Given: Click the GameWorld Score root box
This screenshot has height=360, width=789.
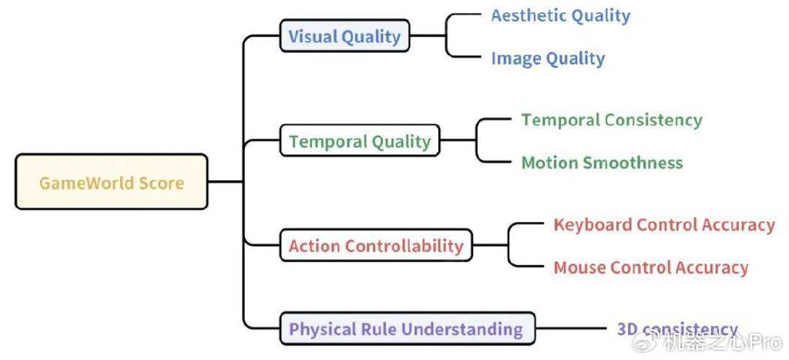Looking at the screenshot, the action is tap(111, 181).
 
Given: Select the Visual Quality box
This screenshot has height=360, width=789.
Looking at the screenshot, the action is tap(344, 35).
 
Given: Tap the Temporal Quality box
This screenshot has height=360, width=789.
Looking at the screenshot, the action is tap(360, 140).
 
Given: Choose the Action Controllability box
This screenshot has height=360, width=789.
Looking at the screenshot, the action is tap(376, 245).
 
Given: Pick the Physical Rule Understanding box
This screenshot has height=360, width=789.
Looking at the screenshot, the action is tap(407, 329).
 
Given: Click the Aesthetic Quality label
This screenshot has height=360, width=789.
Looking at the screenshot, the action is tap(561, 16).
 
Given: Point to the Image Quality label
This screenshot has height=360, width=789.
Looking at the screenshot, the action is tap(548, 59).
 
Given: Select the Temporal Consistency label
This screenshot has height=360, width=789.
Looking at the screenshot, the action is tap(611, 120).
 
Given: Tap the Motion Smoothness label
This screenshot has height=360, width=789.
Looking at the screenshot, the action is tap(602, 163).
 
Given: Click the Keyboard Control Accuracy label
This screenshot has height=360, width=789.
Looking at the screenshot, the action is tap(664, 225).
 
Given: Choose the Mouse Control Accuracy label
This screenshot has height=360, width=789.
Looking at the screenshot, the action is tap(650, 267).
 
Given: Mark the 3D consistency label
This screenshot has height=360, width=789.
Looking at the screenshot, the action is tap(677, 329).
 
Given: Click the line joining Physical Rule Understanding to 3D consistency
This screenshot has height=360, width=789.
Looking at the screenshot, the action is tap(571, 329).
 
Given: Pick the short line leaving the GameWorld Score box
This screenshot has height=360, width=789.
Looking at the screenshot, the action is tap(226, 181).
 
